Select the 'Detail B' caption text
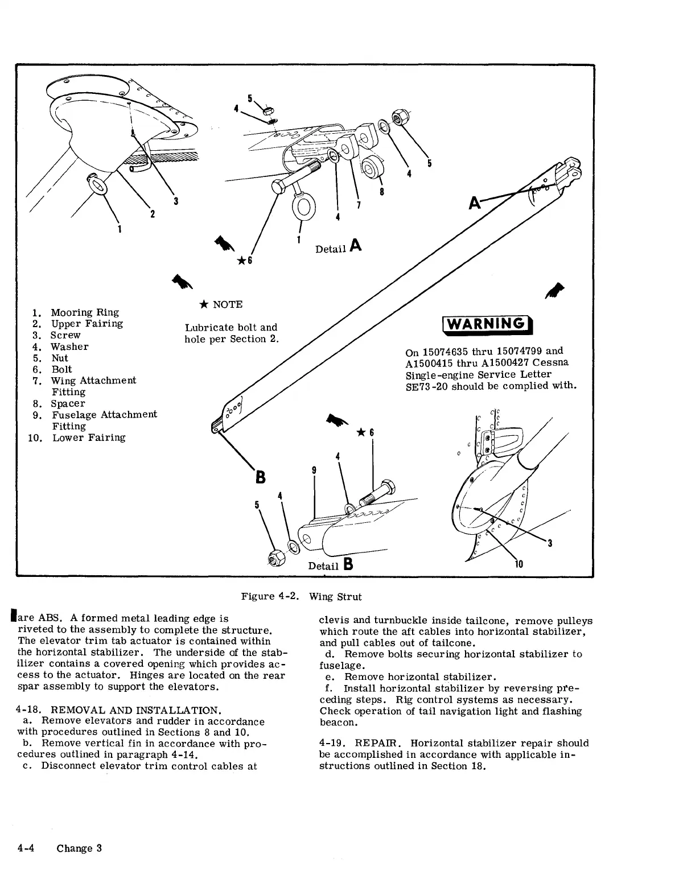click(331, 565)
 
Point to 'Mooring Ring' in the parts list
click(85, 312)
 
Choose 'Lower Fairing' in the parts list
click(89, 438)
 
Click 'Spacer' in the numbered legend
click(68, 403)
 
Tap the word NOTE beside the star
click(228, 304)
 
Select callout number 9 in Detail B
click(314, 471)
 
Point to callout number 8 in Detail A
click(382, 191)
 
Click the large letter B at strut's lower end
click(260, 476)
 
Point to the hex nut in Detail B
click(273, 559)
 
